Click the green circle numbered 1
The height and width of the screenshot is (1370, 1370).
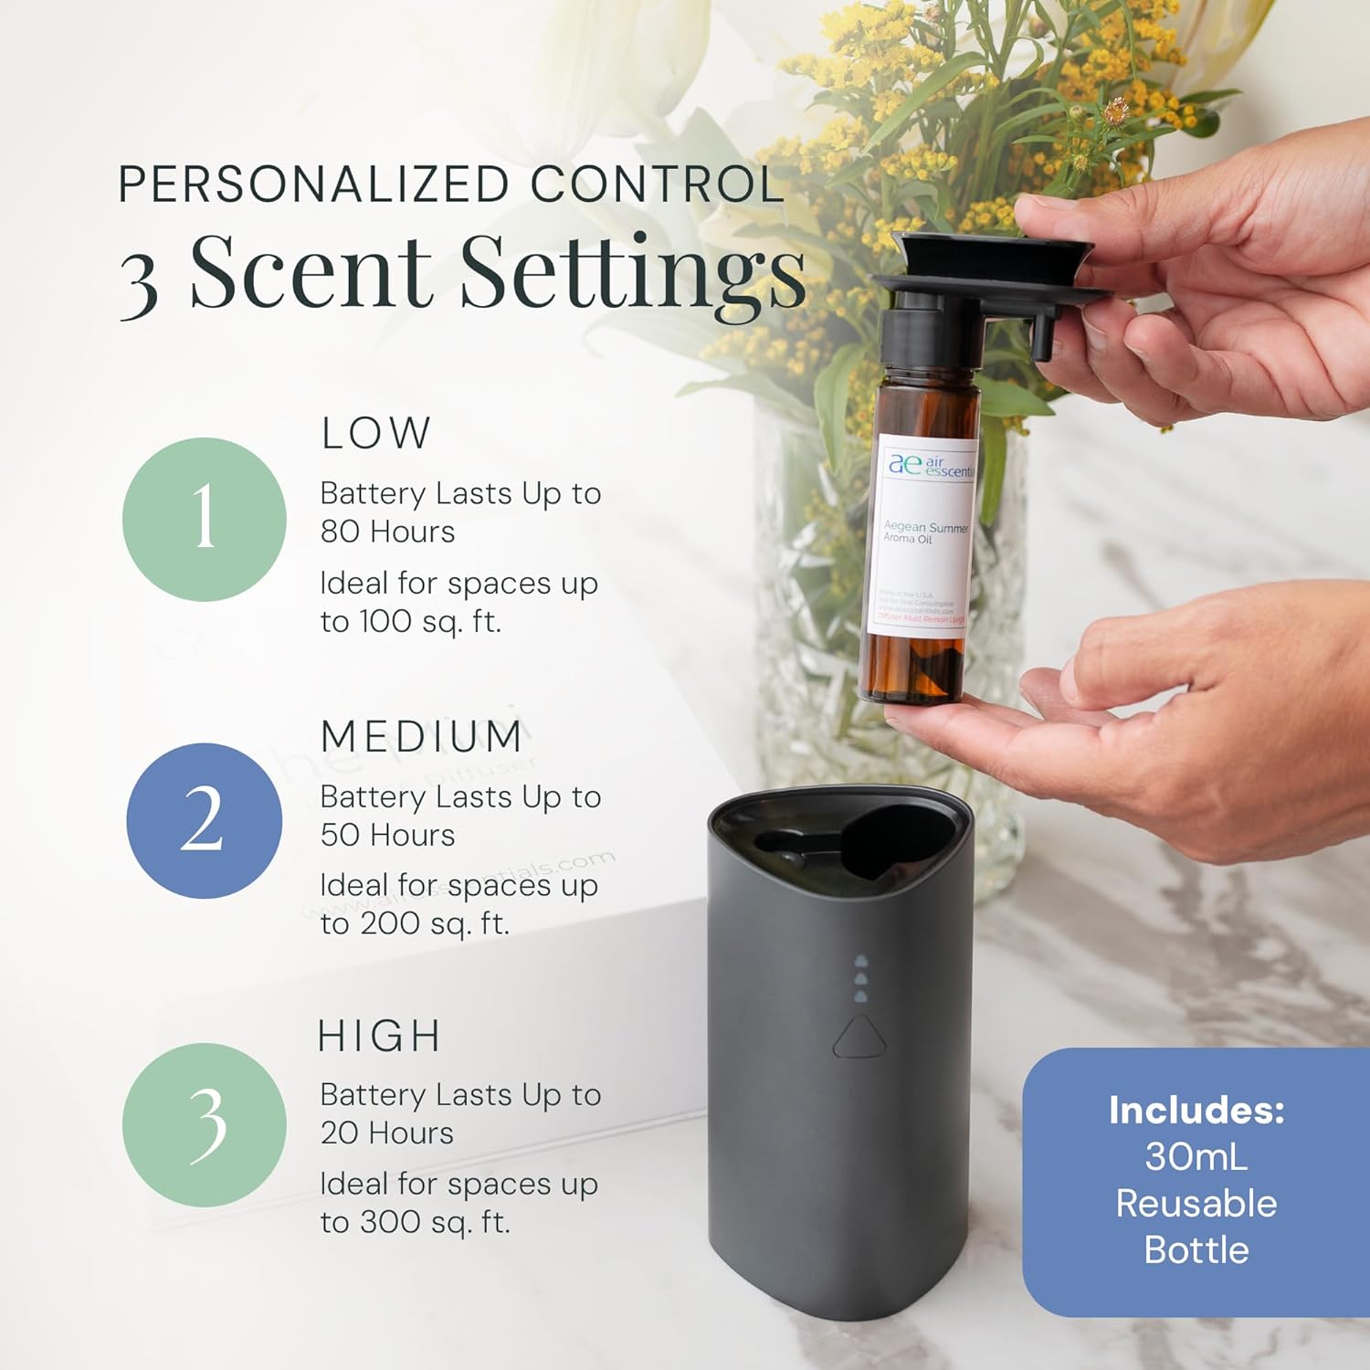coord(205,519)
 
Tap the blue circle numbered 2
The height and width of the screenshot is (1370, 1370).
coord(205,820)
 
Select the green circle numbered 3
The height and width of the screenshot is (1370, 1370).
coord(205,1124)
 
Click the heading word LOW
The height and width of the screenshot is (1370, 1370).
coord(376,433)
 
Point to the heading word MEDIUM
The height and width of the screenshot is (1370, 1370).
coord(422,736)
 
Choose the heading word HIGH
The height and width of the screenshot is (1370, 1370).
coord(380,1037)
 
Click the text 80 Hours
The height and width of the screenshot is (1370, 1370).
coord(387,532)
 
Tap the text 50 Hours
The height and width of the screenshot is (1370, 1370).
coord(387,835)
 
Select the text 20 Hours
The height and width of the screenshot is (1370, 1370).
coord(387,1133)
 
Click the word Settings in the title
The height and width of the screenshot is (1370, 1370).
coord(634,272)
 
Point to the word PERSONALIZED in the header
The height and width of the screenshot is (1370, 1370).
coord(313,184)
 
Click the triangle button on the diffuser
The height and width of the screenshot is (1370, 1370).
coord(859,1037)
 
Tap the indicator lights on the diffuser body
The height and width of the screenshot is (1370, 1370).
coord(859,979)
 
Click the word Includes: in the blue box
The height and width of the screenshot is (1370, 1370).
coord(1196,1110)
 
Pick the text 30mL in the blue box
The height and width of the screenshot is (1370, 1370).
coord(1196,1156)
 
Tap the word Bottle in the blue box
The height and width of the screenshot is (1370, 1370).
coord(1196,1249)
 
